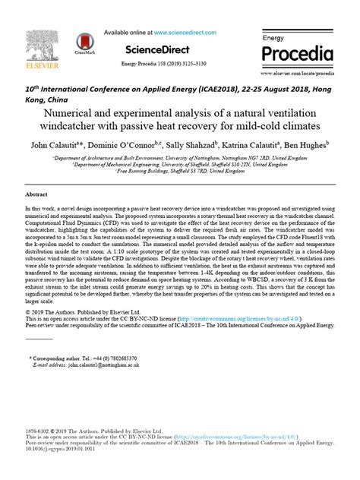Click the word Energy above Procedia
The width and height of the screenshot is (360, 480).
(273, 38)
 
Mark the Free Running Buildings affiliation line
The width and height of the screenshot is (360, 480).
(180, 171)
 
